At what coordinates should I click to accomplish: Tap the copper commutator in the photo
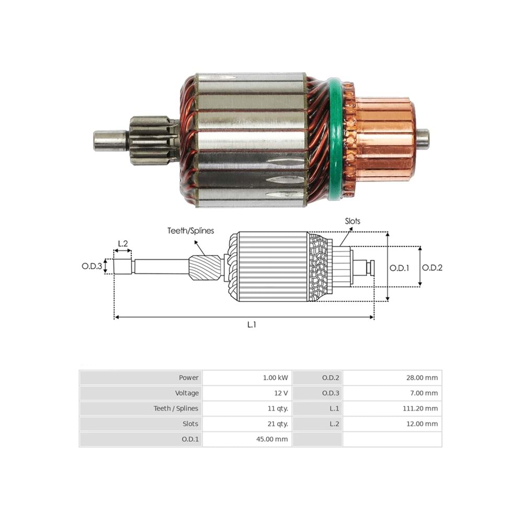click(x=384, y=138)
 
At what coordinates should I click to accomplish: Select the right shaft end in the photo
click(x=423, y=138)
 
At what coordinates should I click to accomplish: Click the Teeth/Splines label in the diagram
click(x=190, y=231)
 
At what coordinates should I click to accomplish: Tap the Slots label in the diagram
click(x=353, y=221)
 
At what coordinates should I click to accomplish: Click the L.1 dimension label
click(x=252, y=325)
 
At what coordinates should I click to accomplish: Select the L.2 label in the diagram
click(x=123, y=243)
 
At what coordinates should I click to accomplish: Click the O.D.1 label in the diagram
click(x=400, y=267)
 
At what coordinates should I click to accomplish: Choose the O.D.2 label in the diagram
click(x=432, y=267)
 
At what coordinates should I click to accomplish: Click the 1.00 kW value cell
click(x=246, y=378)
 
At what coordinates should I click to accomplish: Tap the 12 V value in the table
click(x=246, y=393)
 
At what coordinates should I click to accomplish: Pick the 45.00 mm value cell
click(x=246, y=439)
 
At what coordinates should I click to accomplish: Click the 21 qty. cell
click(x=246, y=424)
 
